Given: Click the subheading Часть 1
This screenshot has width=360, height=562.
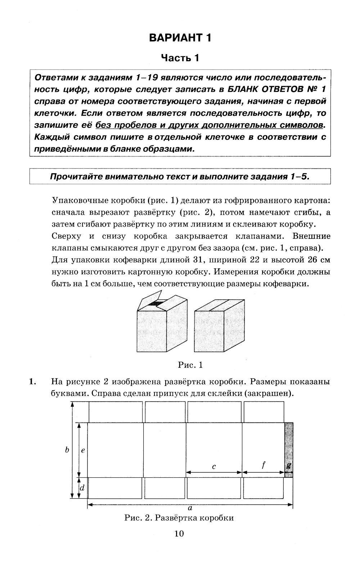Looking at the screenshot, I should coord(180,58).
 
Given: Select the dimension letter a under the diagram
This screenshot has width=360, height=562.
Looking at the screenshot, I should coord(190,508).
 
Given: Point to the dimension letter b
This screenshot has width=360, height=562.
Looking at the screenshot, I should coord(67,450).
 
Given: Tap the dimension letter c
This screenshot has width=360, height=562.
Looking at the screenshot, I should coord(214,467).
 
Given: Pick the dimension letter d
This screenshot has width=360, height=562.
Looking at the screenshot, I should coord(82,488).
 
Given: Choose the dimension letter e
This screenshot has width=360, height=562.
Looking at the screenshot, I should coord(83,450).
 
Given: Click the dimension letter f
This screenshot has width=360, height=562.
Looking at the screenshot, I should coord(263,465).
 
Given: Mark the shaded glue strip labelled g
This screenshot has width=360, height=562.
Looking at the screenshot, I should coord(289,450).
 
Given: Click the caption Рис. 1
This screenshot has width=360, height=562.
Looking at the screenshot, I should coord(190,365).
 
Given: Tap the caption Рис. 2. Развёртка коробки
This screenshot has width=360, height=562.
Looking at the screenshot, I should coord(179,518).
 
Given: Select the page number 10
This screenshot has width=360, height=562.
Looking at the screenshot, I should coord(179,534).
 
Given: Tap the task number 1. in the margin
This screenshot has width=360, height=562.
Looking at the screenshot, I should coord(33,382).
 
